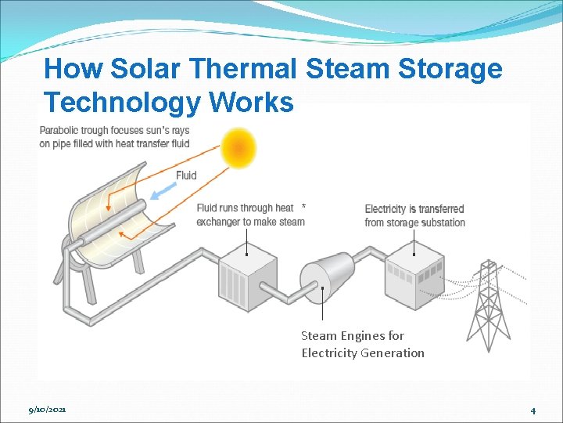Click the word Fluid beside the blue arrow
tap(186, 175)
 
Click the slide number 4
tap(533, 410)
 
